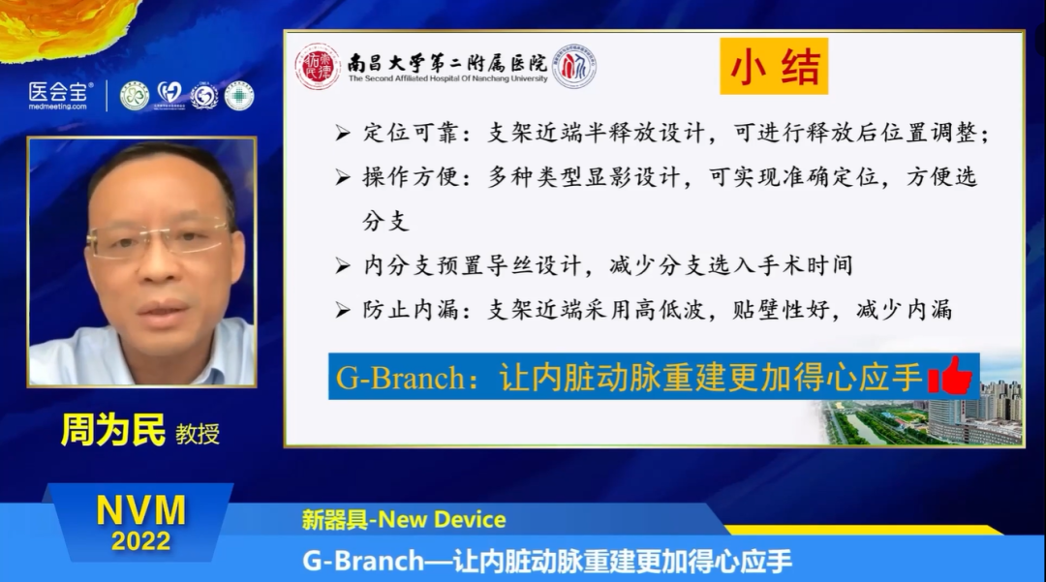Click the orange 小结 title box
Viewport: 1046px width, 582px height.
774,66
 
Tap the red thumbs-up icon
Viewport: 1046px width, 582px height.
949,376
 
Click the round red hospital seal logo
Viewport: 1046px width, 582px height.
317,66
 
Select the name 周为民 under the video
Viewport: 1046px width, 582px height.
113,429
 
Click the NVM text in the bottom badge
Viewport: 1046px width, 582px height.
140,508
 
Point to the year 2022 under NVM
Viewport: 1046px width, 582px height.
140,540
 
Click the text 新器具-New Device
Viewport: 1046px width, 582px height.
403,519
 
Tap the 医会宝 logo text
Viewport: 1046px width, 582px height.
59,92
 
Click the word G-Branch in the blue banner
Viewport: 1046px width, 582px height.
399,378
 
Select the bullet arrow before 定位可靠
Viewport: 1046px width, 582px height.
342,134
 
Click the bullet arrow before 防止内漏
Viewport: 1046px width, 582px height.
342,310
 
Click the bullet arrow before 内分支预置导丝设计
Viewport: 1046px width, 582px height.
342,265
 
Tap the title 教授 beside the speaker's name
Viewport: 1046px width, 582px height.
197,433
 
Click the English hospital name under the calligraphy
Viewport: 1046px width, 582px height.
447,79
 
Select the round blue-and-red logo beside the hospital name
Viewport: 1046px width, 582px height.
573,66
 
